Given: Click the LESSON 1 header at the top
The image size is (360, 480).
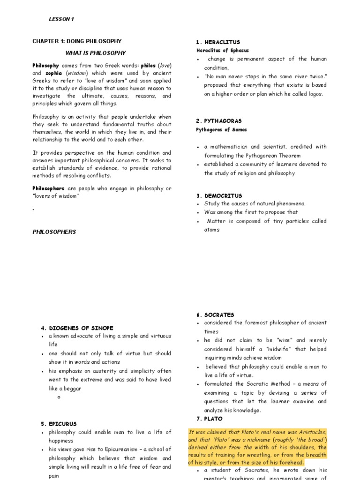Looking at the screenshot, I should (61, 19).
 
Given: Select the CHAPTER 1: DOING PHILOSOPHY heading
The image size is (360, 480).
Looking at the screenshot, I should (77, 41).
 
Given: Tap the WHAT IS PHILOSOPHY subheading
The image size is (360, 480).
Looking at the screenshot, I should (96, 53).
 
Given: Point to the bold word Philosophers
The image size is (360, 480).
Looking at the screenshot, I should (49, 188).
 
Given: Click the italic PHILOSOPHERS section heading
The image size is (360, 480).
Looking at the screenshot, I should (54, 232).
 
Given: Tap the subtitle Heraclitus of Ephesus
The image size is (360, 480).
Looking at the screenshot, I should (222, 50).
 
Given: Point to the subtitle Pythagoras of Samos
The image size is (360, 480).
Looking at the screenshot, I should (221, 129).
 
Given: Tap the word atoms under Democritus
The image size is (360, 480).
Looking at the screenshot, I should (211, 230).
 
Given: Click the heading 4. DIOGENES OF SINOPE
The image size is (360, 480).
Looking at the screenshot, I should (77, 328).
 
